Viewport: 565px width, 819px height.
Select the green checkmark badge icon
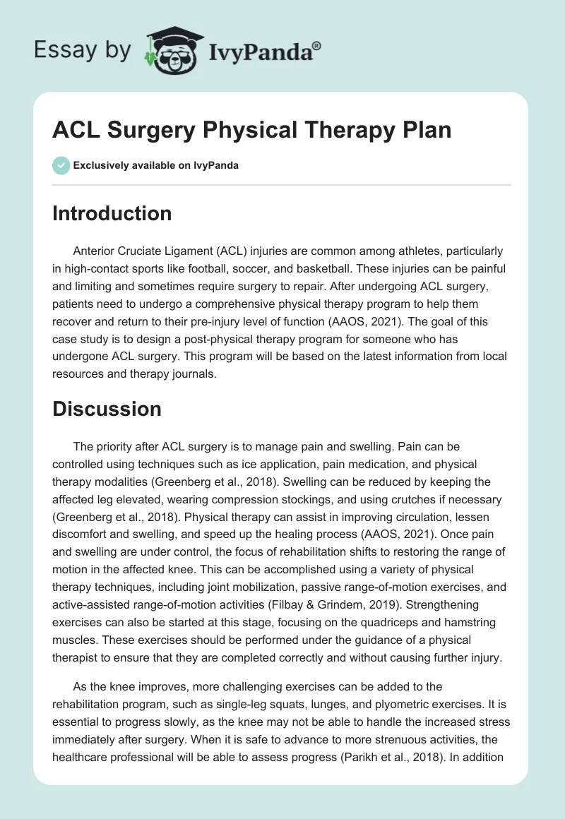(61, 165)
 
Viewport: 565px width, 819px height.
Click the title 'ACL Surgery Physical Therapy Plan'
(251, 131)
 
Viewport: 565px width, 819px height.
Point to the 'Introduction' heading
(112, 213)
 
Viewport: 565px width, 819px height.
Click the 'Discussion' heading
(107, 408)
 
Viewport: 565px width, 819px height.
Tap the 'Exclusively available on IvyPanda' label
(155, 165)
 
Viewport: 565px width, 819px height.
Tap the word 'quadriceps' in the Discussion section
(403, 621)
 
